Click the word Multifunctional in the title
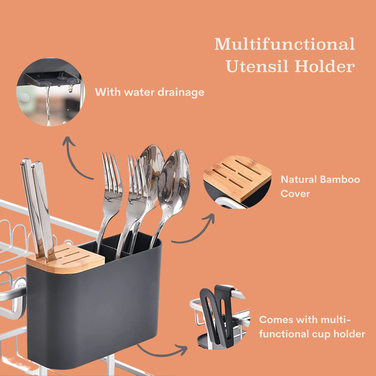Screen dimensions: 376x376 click(x=285, y=44)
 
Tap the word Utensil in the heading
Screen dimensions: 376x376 click(x=257, y=66)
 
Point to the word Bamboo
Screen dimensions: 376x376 click(x=340, y=179)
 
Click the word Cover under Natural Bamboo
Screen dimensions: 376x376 click(x=295, y=194)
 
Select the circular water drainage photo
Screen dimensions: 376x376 click(x=51, y=92)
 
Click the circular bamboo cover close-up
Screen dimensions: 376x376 click(x=238, y=182)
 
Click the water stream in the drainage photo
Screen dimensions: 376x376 click(x=48, y=105)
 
